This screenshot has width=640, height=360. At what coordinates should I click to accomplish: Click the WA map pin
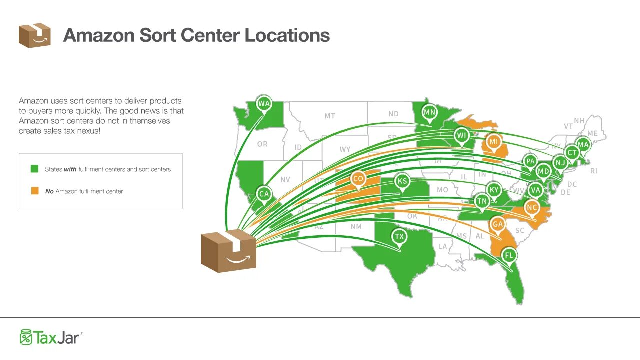coord(264,104)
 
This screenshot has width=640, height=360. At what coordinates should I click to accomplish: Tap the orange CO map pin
coord(358,179)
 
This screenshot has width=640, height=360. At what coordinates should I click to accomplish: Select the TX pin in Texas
coord(399,236)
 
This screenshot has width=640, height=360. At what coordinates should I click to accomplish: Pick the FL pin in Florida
coord(509,255)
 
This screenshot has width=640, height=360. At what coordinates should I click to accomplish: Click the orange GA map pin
coord(497,224)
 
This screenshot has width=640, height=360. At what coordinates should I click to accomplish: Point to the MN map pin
coord(429,112)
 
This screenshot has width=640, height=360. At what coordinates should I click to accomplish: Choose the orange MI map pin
coord(494,142)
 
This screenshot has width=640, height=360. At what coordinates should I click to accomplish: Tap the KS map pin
coord(402,181)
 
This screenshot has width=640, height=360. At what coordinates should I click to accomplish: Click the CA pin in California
coord(264,194)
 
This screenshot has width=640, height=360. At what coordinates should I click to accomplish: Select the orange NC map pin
coord(532,207)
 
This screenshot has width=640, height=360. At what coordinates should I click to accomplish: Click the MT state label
coord(330,116)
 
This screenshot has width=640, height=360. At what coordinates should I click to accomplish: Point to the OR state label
coord(262,144)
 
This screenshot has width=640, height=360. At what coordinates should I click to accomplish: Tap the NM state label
coord(356,226)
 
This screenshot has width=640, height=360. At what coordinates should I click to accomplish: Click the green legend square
coord(34,169)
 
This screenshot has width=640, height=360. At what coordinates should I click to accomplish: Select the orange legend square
coord(34,191)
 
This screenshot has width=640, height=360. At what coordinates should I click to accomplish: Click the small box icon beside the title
coord(34,35)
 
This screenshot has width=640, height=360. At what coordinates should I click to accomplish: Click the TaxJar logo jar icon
coord(26,337)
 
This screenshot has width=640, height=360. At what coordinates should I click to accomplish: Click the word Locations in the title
coord(287,35)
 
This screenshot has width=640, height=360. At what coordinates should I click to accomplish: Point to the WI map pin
coord(461,135)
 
